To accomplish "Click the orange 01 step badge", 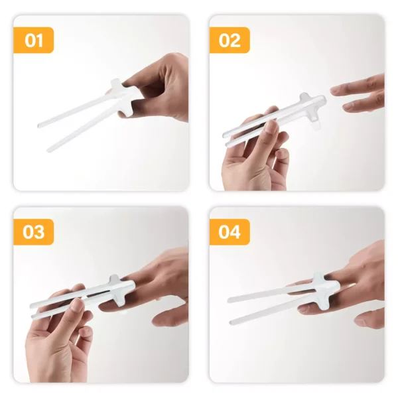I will [x=33, y=40].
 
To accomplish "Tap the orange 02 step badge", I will [x=230, y=40].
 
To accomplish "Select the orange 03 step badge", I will [x=33, y=232].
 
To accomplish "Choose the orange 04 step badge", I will [x=230, y=232].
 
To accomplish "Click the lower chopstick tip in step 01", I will [x=49, y=150].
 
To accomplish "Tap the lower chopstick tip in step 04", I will [x=233, y=322].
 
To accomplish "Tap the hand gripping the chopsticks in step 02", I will [x=255, y=156].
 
